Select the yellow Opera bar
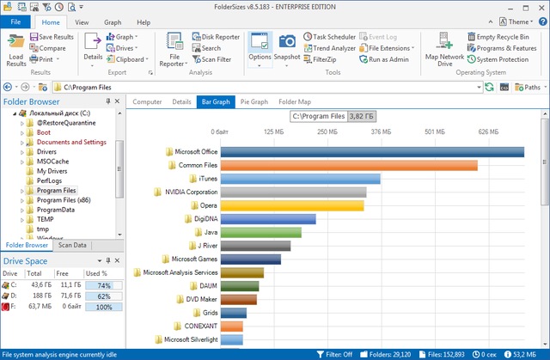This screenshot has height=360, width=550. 292,205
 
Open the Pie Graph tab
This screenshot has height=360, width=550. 254,101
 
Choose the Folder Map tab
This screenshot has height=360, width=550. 295,101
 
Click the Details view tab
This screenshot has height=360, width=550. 181,101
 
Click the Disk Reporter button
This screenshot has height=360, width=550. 215,37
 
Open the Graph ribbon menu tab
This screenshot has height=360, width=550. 113,21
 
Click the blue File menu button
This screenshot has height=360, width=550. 15,21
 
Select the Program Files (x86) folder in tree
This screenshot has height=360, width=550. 64,199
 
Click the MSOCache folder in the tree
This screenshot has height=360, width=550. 53,162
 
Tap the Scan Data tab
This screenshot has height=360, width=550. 72,245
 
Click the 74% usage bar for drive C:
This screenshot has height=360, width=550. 104,284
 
